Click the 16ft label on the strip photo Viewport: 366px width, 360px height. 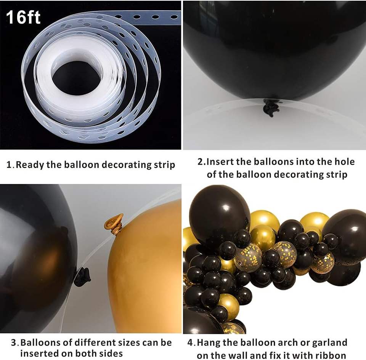(23, 17)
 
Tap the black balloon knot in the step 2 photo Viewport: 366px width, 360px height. (271, 108)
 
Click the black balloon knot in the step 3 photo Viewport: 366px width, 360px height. (82, 277)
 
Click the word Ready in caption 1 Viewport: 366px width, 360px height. (30, 165)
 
